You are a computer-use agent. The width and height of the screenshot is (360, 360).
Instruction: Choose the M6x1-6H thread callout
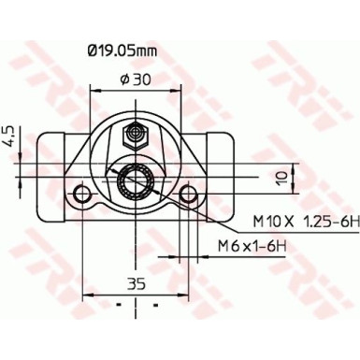(x=253, y=245)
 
